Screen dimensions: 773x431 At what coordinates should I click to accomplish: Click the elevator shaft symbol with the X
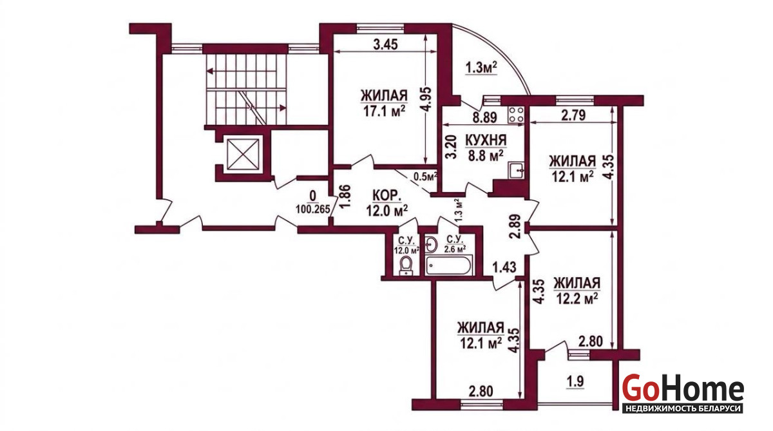pos(243,155)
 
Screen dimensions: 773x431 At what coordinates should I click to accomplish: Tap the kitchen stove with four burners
pos(516,115)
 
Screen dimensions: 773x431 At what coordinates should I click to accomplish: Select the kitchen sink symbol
pos(516,171)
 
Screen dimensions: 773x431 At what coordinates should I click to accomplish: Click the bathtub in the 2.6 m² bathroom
pos(448,265)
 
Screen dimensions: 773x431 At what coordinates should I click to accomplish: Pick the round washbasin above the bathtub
pos(431,245)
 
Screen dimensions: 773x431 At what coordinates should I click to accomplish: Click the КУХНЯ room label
pos(486,140)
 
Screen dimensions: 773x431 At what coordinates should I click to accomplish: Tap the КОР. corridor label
pos(387,196)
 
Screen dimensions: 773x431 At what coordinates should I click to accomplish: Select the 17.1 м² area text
pos(384,111)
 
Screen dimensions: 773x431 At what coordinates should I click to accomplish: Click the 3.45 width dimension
pos(385,44)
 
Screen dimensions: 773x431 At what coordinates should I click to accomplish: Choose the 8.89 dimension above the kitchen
pos(485,118)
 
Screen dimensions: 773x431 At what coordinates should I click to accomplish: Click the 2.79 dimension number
pos(573,115)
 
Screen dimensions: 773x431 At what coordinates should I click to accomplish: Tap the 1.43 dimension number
pos(504,267)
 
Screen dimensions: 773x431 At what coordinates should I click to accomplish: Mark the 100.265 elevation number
pos(312,209)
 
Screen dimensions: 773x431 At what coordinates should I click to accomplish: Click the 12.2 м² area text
pos(577,298)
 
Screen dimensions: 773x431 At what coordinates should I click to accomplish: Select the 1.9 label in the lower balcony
pos(575,381)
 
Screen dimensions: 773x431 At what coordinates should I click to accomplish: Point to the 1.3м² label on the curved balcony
pos(481,68)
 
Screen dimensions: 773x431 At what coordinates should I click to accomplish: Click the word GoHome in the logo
pos(683,388)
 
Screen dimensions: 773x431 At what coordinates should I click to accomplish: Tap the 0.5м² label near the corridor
pos(425,177)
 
